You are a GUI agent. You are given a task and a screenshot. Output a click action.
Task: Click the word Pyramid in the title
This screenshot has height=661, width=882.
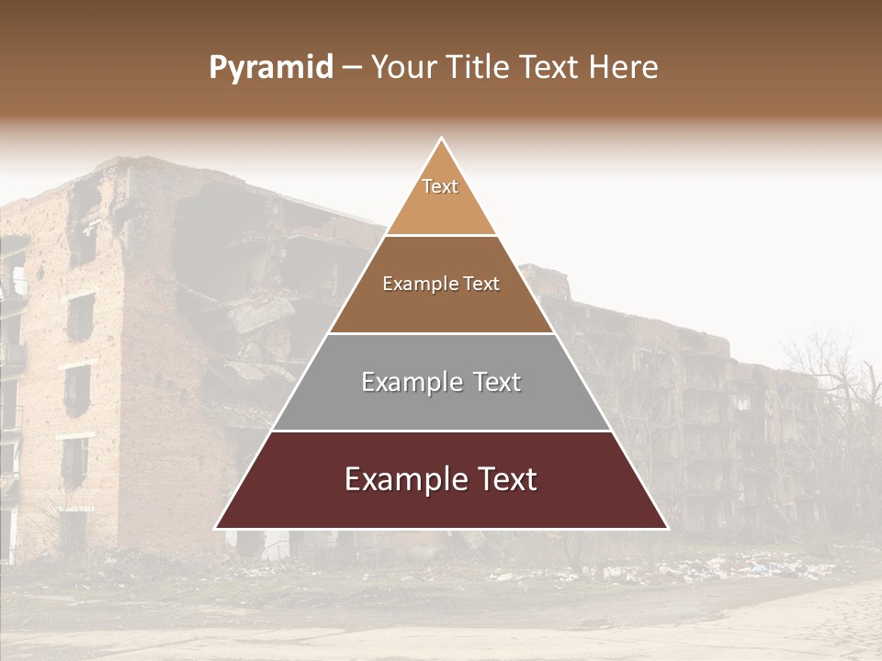271,68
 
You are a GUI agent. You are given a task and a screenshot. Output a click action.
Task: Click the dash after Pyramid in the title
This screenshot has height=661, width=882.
352,68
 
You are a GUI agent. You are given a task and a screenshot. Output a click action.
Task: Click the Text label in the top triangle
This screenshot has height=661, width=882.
440,186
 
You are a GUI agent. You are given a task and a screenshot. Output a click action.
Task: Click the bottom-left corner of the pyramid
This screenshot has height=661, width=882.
216,528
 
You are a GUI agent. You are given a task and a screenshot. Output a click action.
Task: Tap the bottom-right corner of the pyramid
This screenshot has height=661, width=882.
667,528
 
